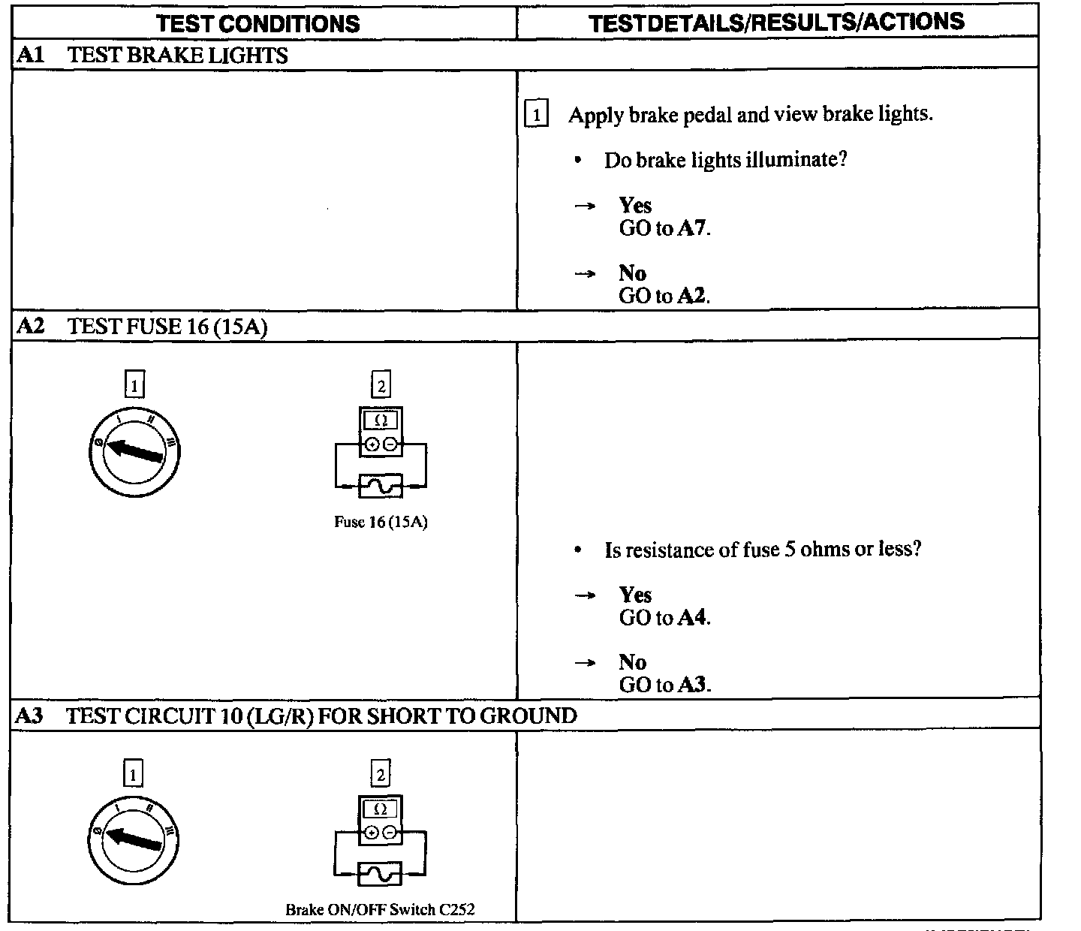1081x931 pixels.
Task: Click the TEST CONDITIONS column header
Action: (x=257, y=23)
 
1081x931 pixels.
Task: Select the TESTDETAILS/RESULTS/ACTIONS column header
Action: (x=776, y=23)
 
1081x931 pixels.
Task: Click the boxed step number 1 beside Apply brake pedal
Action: (x=536, y=115)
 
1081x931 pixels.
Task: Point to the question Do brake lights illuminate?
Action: (x=725, y=160)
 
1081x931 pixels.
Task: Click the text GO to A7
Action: (x=664, y=228)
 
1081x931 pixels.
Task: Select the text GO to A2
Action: (x=664, y=296)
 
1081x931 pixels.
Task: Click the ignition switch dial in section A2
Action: (x=134, y=453)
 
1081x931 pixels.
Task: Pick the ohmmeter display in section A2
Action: (x=381, y=420)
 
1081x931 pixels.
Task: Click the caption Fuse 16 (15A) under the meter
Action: (x=381, y=522)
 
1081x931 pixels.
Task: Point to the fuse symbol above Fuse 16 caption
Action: (x=381, y=487)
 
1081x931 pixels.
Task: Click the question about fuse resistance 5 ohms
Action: (x=762, y=550)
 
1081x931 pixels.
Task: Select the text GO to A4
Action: (x=664, y=618)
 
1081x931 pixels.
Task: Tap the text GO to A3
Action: (x=664, y=685)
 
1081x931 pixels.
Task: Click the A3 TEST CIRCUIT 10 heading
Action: (x=296, y=716)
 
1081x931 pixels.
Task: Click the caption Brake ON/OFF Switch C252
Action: (x=380, y=909)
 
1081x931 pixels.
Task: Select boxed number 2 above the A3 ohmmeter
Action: (x=381, y=774)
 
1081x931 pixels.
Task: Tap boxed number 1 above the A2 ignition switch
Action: (x=134, y=386)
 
